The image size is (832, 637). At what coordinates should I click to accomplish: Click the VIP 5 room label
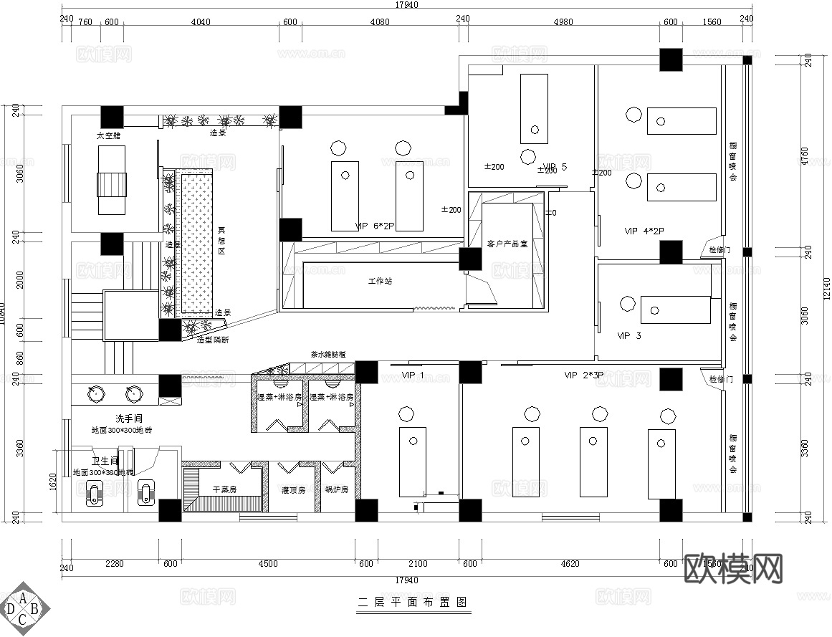point(555,167)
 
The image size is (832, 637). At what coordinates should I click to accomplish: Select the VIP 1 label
point(413,375)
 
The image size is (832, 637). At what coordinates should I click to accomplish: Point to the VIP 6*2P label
point(376,226)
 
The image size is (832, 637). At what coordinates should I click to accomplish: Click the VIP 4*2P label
point(644,231)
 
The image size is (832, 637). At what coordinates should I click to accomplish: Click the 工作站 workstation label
point(380,281)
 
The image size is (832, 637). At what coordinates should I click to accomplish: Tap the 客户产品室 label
point(507,244)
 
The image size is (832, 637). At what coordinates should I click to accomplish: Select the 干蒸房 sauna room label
point(224,490)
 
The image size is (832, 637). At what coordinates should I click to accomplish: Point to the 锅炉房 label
point(336,490)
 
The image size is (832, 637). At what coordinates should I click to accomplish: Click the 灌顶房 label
point(294,490)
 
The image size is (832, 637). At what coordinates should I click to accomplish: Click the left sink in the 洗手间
point(94,393)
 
